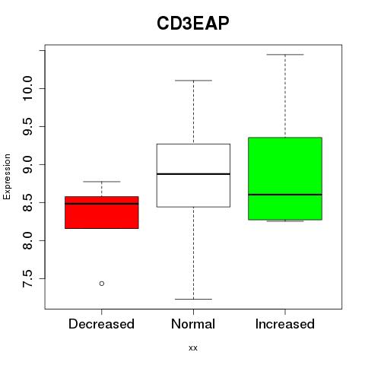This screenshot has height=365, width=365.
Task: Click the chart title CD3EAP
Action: coord(193,23)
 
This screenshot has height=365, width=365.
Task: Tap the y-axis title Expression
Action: coord(7,177)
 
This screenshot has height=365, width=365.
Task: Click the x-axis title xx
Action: coord(193,348)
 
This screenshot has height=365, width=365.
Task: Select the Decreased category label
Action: coord(101,324)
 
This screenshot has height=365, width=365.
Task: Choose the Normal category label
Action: coord(193,324)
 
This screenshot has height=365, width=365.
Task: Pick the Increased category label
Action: coord(285,324)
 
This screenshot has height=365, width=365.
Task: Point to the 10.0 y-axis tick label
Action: coord(27,88)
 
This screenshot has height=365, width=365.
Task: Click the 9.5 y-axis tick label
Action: coord(27,126)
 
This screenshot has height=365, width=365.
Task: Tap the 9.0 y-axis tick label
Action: coord(27,164)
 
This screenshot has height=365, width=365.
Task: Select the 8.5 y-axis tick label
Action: coord(27,202)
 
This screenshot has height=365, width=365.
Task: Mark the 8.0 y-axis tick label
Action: coord(27,240)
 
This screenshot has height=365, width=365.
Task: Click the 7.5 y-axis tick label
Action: coord(27,278)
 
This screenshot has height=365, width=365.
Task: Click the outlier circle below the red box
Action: coord(102,284)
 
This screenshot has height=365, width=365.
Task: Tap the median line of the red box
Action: coord(102,204)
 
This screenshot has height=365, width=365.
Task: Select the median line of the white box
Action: coord(193,174)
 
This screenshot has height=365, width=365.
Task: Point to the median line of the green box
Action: coord(285,195)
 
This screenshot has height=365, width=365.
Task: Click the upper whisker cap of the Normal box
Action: coord(193,81)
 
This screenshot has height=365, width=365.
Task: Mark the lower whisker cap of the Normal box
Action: coord(193,299)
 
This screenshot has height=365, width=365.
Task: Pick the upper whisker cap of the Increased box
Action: coord(285,55)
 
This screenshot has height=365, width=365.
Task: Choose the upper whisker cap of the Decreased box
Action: coord(102,182)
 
